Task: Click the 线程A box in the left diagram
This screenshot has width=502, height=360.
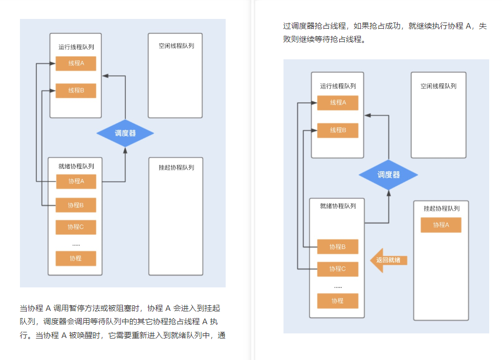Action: (76, 63)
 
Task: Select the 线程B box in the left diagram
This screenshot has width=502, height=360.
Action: (76, 91)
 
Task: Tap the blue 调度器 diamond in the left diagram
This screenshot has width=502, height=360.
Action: (125, 133)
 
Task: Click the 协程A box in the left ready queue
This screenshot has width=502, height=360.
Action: (76, 181)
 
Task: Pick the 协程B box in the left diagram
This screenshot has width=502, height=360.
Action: (76, 205)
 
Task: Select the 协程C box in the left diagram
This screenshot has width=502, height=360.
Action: (76, 227)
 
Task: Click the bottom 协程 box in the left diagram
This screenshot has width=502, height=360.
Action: (76, 258)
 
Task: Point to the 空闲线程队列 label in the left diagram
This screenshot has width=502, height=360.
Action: (176, 46)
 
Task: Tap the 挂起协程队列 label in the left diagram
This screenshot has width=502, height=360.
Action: (176, 168)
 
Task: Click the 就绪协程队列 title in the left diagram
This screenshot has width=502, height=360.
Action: (76, 166)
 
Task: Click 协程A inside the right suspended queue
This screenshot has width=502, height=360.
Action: (441, 225)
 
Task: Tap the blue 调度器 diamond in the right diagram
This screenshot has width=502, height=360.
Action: (388, 175)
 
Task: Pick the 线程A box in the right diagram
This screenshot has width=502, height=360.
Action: (338, 103)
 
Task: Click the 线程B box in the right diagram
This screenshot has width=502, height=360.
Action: (338, 130)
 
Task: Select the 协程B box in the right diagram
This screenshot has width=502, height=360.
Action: (338, 247)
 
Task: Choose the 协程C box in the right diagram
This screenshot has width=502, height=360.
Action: (338, 268)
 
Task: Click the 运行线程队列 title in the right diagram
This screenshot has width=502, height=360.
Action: (338, 86)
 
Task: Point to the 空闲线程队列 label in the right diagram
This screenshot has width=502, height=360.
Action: (439, 86)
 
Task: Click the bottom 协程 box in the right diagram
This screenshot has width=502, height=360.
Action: (338, 301)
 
